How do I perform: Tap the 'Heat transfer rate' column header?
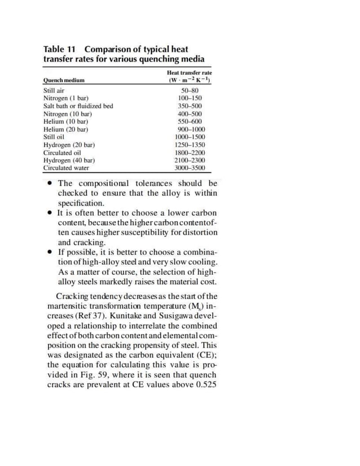coord(189,73)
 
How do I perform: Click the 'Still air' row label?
coord(54,90)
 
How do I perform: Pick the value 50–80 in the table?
coord(190,90)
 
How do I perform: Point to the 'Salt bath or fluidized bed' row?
coord(78,106)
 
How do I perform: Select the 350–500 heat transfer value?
coord(190,106)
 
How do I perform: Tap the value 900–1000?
coord(190,129)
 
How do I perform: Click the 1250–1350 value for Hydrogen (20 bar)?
coord(190,145)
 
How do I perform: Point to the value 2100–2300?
coord(190,160)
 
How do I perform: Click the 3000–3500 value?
coord(190,168)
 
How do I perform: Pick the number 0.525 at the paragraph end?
coord(204,385)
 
